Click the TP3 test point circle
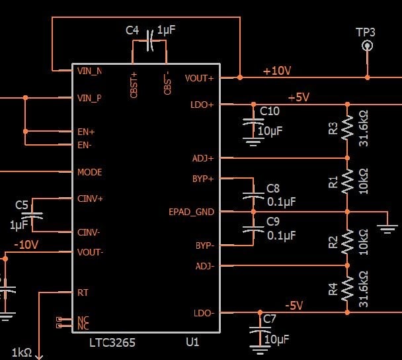click(366, 46)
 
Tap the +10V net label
click(276, 71)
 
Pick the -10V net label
click(26, 244)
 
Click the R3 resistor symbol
click(348, 130)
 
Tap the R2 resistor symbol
click(348, 243)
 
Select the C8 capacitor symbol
click(253, 195)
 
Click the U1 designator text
click(192, 343)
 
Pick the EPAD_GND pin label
click(191, 212)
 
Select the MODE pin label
click(89, 172)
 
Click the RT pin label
click(83, 292)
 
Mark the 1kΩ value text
click(21, 352)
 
